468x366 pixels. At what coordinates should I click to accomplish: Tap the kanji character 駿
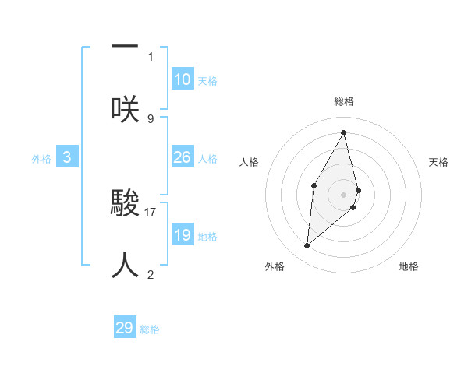pos(125,205)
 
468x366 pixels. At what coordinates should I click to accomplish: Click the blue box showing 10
pos(183,79)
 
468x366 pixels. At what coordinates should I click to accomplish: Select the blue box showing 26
pos(183,157)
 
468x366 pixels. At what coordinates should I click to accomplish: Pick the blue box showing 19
pos(183,235)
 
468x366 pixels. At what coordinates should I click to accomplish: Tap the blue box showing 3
pos(67,157)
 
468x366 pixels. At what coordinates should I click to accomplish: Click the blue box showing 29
pos(125,328)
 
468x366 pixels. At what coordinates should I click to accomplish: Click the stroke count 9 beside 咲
pos(151,118)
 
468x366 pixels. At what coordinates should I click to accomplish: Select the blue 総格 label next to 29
pos(151,329)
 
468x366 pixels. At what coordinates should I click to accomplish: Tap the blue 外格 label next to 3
pos(41,158)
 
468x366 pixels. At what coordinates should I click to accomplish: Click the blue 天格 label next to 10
pos(207,81)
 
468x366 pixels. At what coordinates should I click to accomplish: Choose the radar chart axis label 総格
pos(344,101)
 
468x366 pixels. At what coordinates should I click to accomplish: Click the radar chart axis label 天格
pos(438,162)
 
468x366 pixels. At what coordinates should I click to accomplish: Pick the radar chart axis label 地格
pos(409,266)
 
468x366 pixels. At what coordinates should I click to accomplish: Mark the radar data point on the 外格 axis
pos(307,246)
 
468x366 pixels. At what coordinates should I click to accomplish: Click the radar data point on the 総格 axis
pos(344,132)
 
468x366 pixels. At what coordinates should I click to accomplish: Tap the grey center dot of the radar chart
pos(344,194)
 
